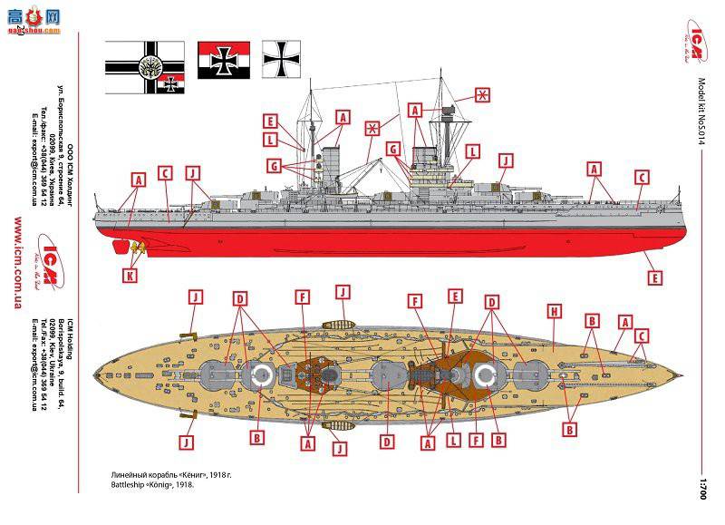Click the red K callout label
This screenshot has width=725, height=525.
[130, 275]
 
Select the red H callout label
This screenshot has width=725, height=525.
[553, 310]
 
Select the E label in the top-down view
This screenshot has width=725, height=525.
[455, 297]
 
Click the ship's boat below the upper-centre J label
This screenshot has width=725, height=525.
[342, 324]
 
